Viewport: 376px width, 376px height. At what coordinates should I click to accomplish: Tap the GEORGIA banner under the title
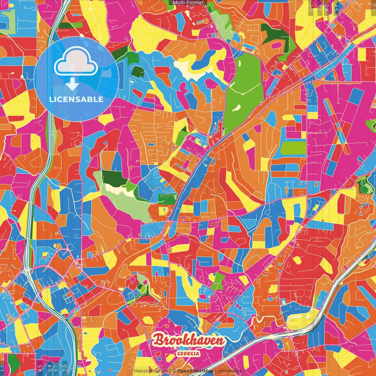click(x=188, y=353)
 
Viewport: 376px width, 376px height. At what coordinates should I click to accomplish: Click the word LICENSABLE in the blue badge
click(x=76, y=99)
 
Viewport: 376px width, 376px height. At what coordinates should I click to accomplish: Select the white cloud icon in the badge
click(x=76, y=62)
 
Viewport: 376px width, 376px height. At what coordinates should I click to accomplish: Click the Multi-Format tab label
click(x=188, y=3)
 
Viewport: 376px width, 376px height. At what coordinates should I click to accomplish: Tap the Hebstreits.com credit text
click(x=151, y=371)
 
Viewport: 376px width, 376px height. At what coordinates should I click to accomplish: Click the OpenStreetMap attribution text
click(x=195, y=371)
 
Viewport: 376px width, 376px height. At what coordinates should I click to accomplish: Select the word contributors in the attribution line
click(x=228, y=371)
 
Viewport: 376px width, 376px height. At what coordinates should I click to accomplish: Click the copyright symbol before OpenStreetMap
click(x=174, y=371)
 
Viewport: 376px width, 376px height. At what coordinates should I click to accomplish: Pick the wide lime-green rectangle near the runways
click(x=293, y=148)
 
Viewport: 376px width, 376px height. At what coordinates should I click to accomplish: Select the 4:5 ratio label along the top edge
click(x=336, y=6)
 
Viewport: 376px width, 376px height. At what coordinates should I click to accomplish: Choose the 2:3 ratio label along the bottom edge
click(x=65, y=368)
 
